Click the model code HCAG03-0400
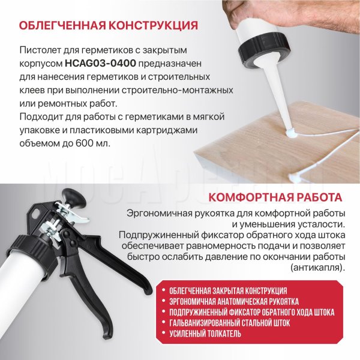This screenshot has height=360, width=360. pyautogui.click(x=101, y=64)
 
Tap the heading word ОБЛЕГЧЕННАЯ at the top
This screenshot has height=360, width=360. pyautogui.click(x=62, y=25)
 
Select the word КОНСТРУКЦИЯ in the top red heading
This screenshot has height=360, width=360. pyautogui.click(x=153, y=25)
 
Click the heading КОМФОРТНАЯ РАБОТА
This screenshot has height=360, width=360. pyautogui.click(x=275, y=197)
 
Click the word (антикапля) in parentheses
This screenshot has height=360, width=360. pyautogui.click(x=318, y=268)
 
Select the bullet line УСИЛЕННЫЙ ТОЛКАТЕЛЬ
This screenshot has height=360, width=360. pyautogui.click(x=205, y=334)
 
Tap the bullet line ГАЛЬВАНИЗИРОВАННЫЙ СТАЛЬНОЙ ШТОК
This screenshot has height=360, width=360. pyautogui.click(x=230, y=323)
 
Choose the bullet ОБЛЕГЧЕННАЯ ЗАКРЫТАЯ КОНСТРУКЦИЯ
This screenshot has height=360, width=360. pyautogui.click(x=228, y=291)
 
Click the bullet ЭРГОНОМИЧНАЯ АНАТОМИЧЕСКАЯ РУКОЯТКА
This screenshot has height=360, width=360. pyautogui.click(x=234, y=301)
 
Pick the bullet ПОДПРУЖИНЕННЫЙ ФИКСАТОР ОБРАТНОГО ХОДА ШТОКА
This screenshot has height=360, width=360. pyautogui.click(x=252, y=312)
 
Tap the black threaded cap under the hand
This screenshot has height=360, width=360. pyautogui.click(x=262, y=49)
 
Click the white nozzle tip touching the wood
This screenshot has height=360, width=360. pyautogui.click(x=290, y=133)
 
